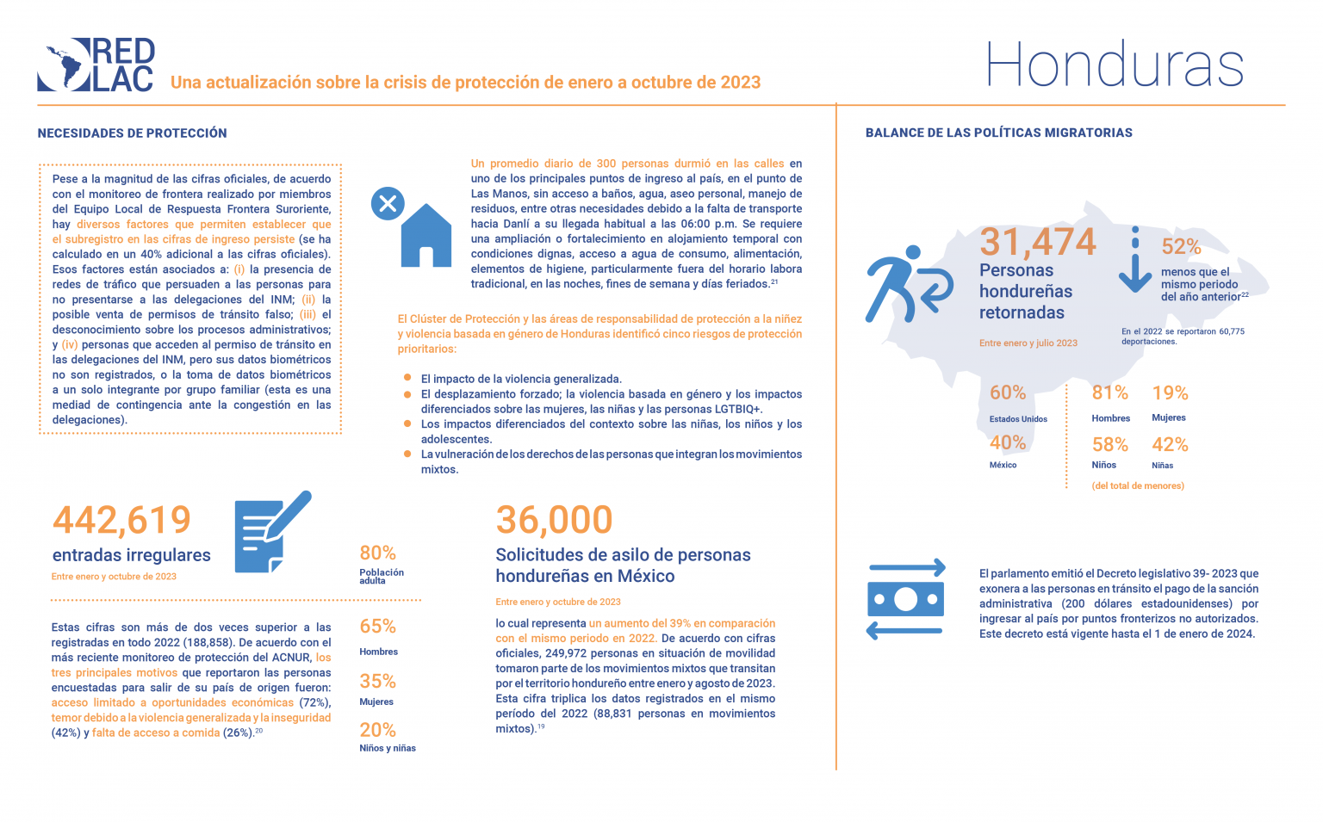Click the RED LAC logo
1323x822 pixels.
click(x=96, y=65)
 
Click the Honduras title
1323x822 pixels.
click(x=1115, y=65)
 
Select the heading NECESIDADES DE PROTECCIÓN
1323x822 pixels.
click(x=132, y=133)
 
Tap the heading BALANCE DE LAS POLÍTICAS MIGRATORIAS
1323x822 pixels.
click(x=998, y=133)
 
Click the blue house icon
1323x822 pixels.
click(x=425, y=236)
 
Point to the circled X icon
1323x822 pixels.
click(x=388, y=204)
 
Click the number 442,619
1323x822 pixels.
click(x=121, y=520)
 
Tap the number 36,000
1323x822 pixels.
click(x=554, y=520)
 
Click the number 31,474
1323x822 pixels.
click(x=1037, y=242)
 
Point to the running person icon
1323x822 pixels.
click(x=906, y=283)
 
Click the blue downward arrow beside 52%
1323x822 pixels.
click(x=1134, y=263)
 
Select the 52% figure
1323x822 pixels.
click(x=1181, y=247)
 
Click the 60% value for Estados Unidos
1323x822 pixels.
click(x=1007, y=393)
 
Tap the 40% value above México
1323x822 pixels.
click(x=1007, y=443)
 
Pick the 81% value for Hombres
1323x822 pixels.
click(x=1109, y=393)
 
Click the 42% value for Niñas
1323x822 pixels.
click(x=1170, y=445)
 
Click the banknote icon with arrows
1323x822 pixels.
click(x=905, y=599)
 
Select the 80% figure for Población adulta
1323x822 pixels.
click(x=377, y=553)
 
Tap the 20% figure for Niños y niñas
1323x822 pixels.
click(x=377, y=731)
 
